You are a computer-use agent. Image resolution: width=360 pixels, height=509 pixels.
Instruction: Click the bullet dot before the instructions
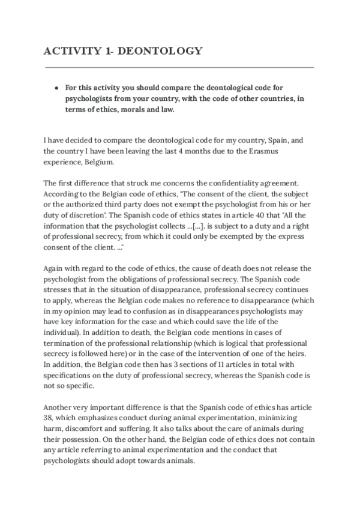(56, 88)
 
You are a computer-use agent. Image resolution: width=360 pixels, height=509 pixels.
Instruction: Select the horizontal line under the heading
(179, 67)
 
